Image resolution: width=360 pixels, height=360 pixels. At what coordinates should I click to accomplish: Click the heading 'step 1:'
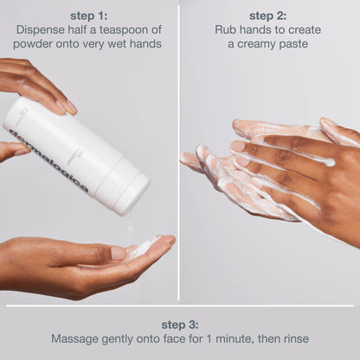point(88,16)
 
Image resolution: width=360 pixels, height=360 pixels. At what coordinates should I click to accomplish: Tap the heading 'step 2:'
point(268,16)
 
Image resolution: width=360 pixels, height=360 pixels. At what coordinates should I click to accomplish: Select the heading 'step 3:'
point(180,325)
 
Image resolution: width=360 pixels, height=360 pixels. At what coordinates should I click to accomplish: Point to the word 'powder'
point(33,44)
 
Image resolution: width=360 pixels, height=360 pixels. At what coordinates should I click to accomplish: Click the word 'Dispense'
point(41,30)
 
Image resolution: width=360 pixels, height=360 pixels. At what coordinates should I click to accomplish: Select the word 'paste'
point(293,44)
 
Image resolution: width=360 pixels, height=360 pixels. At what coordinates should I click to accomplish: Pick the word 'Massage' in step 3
point(74,338)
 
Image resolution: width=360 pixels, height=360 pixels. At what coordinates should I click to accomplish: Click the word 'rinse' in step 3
point(297,338)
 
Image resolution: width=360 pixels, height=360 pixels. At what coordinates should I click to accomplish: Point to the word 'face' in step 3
point(175,338)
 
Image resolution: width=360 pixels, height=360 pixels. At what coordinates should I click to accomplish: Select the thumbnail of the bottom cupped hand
point(119,254)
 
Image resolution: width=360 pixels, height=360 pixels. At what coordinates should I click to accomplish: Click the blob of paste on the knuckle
point(330,162)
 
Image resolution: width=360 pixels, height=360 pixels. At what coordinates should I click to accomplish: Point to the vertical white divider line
point(178,153)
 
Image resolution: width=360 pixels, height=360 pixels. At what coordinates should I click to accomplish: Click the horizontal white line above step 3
point(180,306)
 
